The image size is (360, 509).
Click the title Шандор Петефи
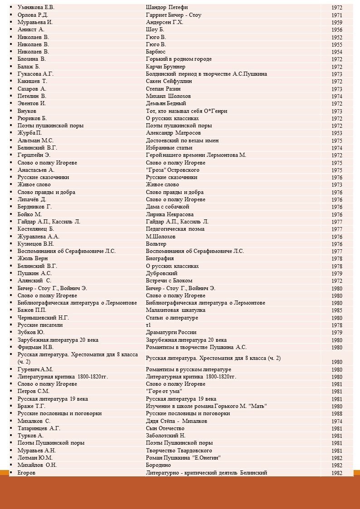click(x=167, y=7)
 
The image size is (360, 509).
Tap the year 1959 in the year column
click(x=336, y=23)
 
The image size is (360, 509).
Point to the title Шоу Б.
click(x=155, y=29)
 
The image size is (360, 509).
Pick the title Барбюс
click(x=156, y=52)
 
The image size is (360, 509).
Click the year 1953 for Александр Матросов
click(x=336, y=133)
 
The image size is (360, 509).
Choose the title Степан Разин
click(x=163, y=89)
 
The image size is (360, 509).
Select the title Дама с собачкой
click(x=167, y=207)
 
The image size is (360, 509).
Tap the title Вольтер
click(x=156, y=244)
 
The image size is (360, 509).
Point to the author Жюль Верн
click(x=32, y=258)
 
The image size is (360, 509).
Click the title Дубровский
click(x=162, y=273)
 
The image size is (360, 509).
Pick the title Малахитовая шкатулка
click(x=175, y=310)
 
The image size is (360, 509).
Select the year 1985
click(x=336, y=310)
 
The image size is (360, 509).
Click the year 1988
click(x=336, y=414)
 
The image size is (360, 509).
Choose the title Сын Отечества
click(x=165, y=428)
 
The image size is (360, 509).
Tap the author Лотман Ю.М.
click(x=35, y=458)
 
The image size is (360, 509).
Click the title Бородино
click(x=159, y=465)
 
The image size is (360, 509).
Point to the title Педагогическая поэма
click(x=174, y=229)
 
